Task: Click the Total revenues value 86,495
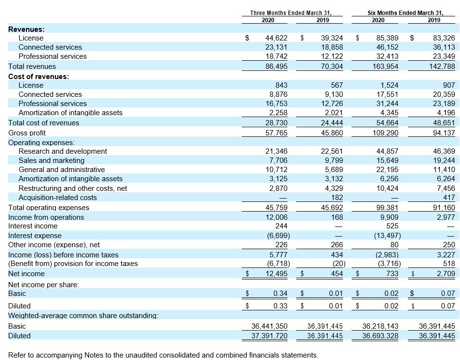(276, 67)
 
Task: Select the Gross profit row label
(26, 133)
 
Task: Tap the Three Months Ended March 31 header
(291, 13)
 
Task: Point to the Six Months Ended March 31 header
(406, 13)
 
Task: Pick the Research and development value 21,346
(276, 151)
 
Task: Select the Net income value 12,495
(276, 274)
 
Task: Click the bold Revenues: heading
(26, 29)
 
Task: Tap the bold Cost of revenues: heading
(39, 77)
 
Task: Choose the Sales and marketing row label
(52, 160)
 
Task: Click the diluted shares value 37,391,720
(269, 335)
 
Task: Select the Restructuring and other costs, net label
(73, 188)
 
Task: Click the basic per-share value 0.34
(280, 293)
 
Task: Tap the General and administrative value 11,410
(444, 170)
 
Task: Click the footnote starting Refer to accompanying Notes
(163, 355)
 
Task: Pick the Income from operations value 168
(337, 217)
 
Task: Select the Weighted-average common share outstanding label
(83, 316)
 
